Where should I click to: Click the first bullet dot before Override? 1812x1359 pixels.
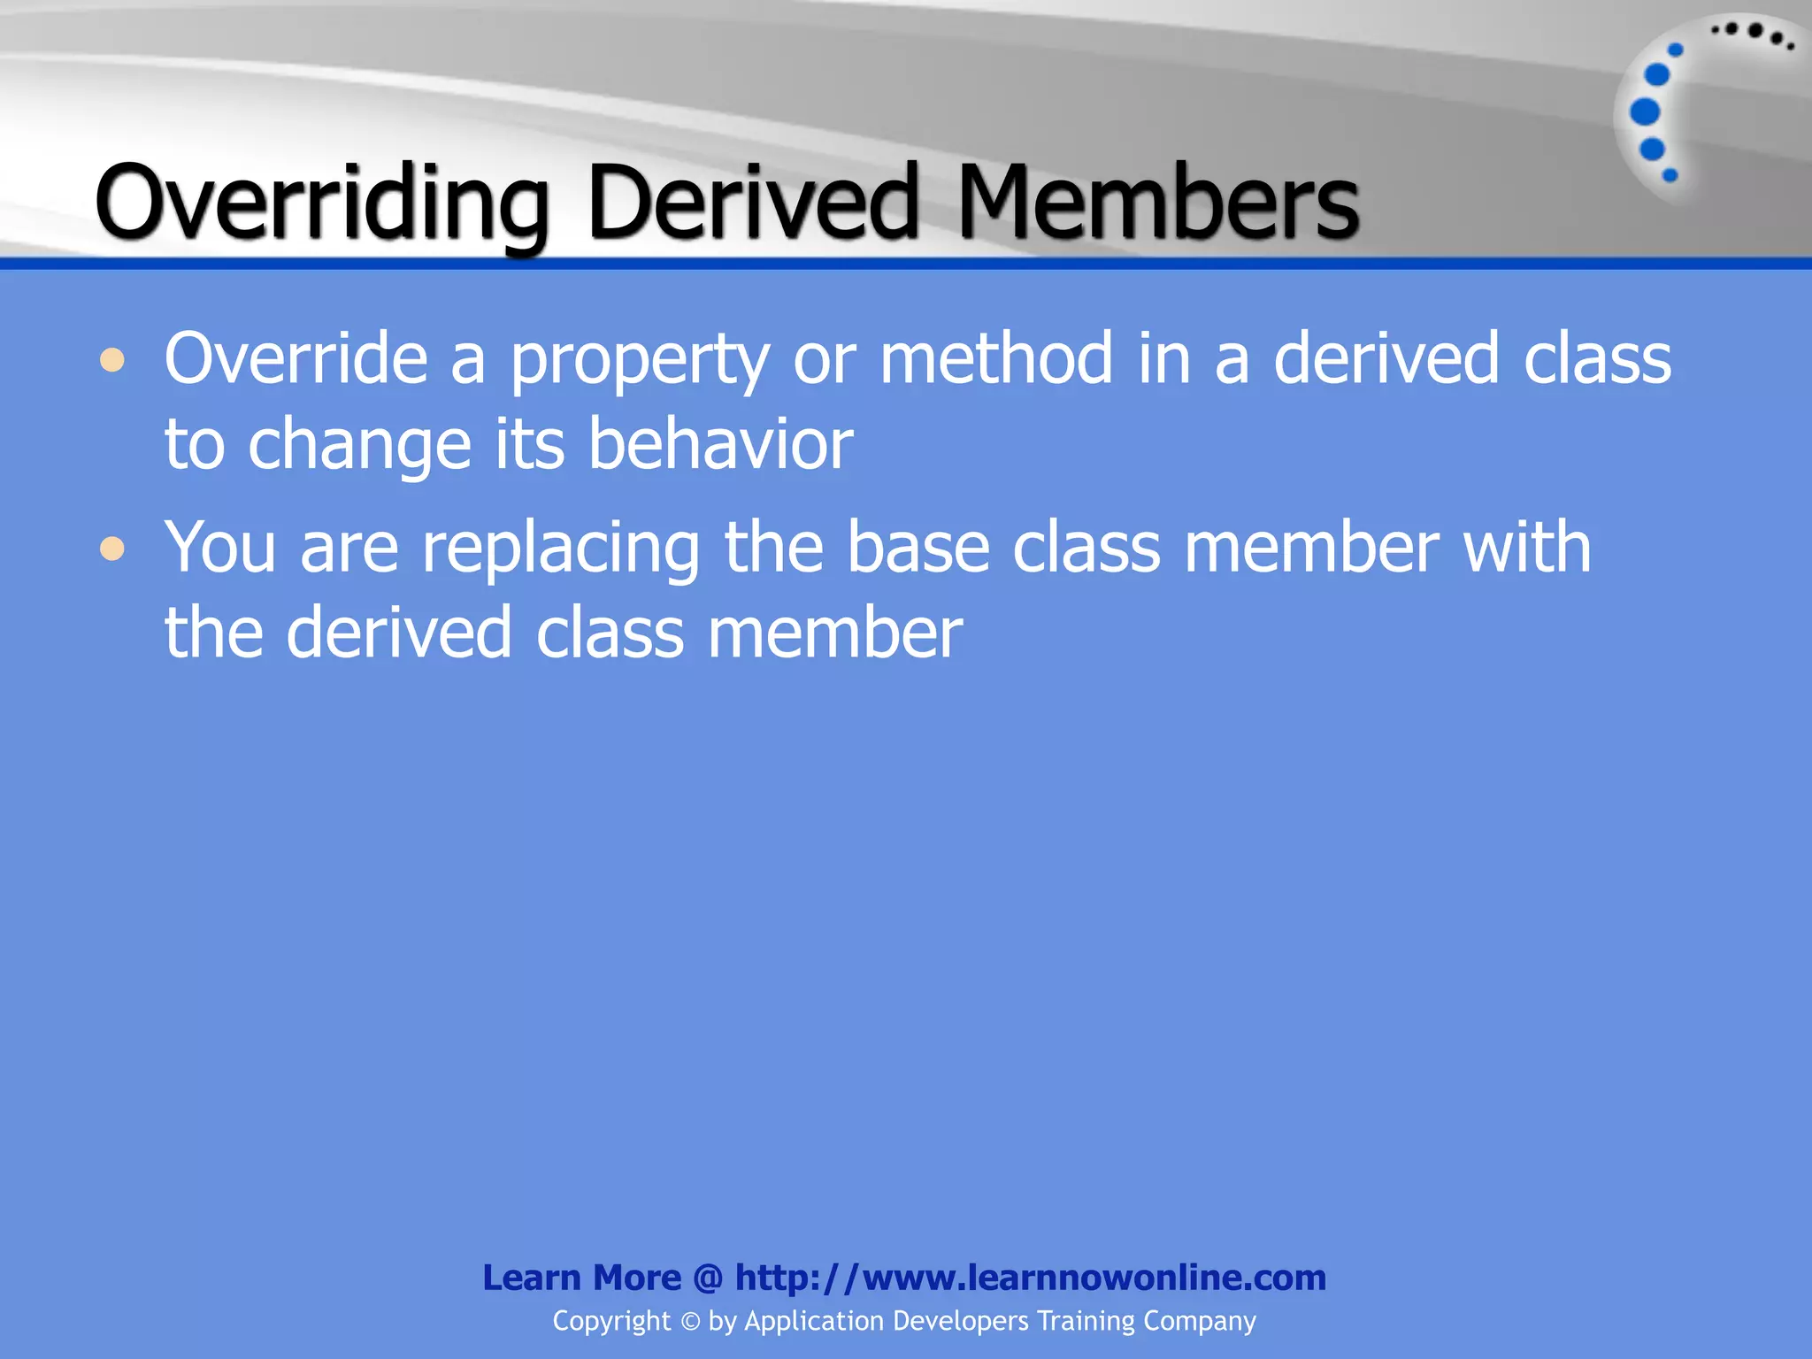pos(112,360)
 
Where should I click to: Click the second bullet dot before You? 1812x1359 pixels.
pos(112,549)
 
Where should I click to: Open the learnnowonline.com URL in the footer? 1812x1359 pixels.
pos(1030,1278)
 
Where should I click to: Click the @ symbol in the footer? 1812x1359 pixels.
pos(708,1278)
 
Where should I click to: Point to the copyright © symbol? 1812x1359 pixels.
pos(690,1322)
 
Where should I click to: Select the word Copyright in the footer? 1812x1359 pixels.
pos(611,1321)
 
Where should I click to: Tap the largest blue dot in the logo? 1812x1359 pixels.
pos(1645,111)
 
